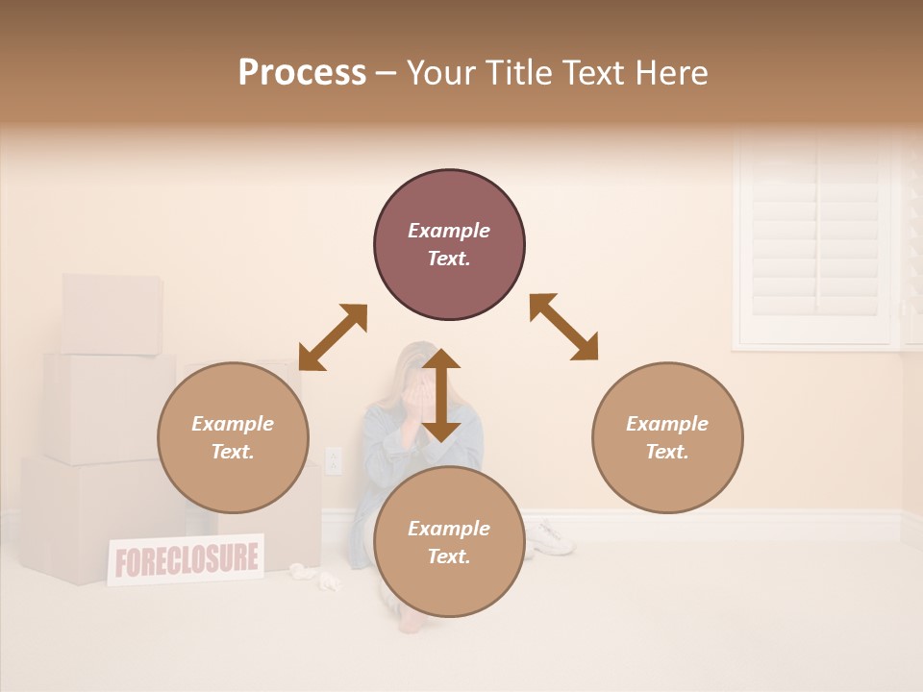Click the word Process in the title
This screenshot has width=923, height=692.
[302, 73]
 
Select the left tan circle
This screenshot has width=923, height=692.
[233, 437]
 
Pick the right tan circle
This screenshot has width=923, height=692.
[667, 437]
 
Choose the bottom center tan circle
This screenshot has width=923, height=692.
[449, 542]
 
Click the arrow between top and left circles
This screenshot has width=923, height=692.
[333, 337]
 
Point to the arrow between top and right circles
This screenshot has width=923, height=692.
[564, 328]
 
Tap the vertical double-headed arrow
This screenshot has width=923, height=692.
[441, 395]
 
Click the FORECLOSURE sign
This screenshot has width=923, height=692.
[186, 559]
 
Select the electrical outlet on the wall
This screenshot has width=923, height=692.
[334, 460]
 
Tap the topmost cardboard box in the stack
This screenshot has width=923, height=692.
[112, 313]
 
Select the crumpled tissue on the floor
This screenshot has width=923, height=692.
[329, 580]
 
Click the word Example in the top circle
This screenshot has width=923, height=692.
[449, 231]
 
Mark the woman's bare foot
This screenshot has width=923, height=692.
[411, 622]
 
